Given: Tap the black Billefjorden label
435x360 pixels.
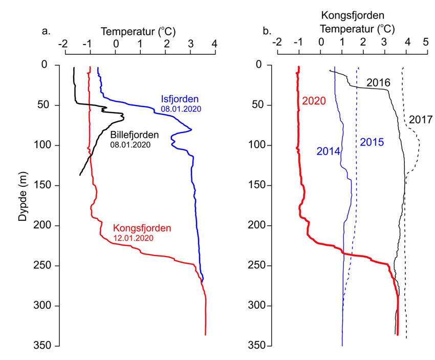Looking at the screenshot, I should point(135,135).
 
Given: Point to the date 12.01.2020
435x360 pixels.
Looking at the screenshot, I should point(132,238).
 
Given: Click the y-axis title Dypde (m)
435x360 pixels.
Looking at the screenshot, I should point(23,205).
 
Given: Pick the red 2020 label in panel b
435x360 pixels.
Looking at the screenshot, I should point(314,101).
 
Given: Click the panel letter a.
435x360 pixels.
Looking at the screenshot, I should point(46,31).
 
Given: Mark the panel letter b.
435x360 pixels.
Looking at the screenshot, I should point(266,31).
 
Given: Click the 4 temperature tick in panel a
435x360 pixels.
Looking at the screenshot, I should point(214,45).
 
